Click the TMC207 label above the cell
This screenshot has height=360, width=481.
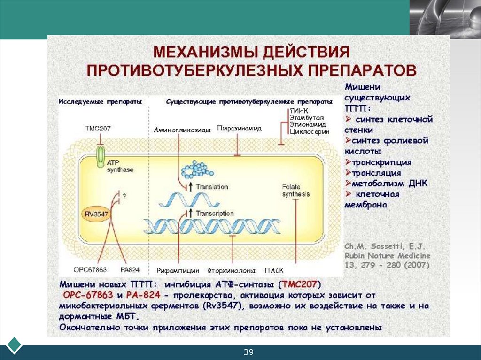[98, 129]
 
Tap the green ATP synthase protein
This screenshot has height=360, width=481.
[101, 156]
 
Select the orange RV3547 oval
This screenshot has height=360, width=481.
[97, 214]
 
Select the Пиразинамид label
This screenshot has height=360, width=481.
[239, 128]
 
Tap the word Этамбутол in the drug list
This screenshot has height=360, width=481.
[306, 117]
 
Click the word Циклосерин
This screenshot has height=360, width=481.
[309, 132]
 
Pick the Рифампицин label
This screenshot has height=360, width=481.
[178, 271]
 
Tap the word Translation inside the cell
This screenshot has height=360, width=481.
[212, 186]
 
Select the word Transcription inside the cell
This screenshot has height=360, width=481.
[215, 214]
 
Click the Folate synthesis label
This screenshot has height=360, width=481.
[295, 190]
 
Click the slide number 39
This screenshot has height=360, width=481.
[248, 352]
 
